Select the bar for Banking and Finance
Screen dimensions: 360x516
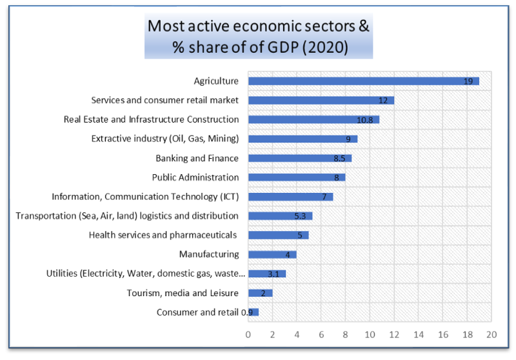coord(299,158)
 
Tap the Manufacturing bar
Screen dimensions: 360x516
coord(272,254)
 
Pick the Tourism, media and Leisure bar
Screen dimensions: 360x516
coord(260,293)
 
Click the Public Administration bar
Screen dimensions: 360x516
coord(296,177)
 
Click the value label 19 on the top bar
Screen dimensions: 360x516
coord(469,81)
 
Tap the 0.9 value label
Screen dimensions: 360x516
coord(246,312)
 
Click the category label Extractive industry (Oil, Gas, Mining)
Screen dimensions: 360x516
coord(165,139)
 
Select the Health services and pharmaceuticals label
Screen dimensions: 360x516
coord(163,235)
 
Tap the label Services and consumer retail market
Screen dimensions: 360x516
coord(165,100)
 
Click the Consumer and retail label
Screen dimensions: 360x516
coord(197,312)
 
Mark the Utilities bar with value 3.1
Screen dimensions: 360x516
coord(266,274)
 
